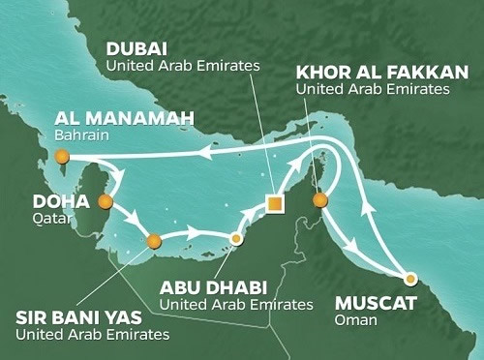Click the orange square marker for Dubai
click(275, 203)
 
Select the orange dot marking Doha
click(106, 203)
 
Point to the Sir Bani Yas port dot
click(151, 241)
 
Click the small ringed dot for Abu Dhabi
click(235, 236)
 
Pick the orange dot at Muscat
click(410, 278)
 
